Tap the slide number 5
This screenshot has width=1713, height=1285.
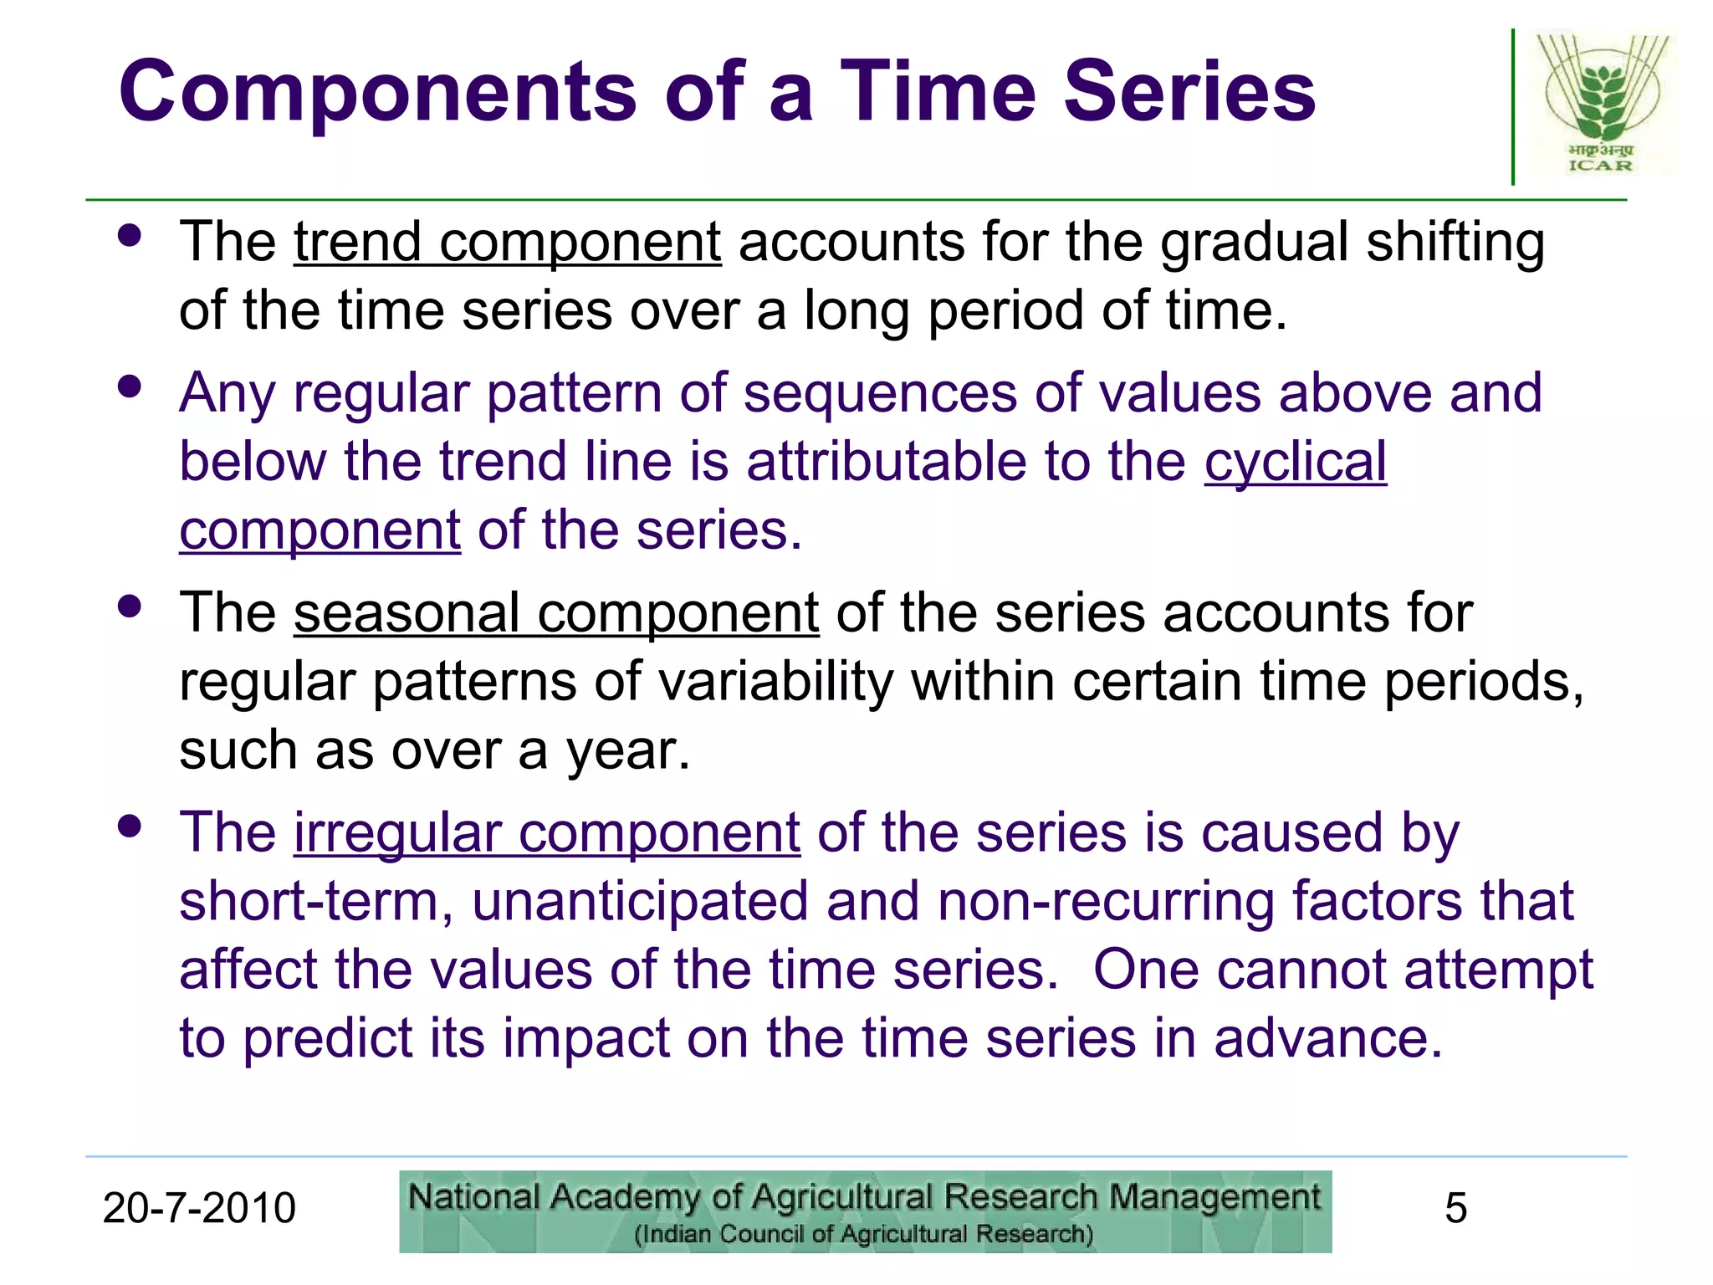(1455, 1208)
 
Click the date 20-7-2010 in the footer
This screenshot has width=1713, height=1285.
(199, 1208)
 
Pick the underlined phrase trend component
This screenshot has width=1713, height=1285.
(507, 243)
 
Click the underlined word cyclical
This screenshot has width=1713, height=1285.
(1295, 462)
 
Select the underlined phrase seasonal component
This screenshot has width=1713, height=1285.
(555, 613)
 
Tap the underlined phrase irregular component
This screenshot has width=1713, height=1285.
(546, 833)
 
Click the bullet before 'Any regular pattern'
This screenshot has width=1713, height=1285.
(130, 387)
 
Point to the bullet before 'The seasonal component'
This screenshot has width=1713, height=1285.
(130, 607)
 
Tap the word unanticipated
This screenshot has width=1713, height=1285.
(640, 902)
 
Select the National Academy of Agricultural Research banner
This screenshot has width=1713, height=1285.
(865, 1211)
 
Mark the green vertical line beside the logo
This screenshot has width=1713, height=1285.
(1512, 107)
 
